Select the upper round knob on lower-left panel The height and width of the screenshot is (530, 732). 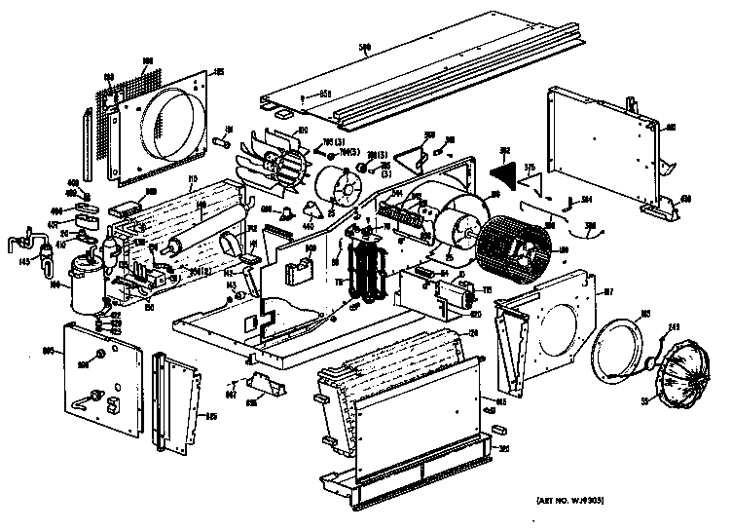pos(100,360)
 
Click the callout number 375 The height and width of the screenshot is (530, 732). pos(531,168)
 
